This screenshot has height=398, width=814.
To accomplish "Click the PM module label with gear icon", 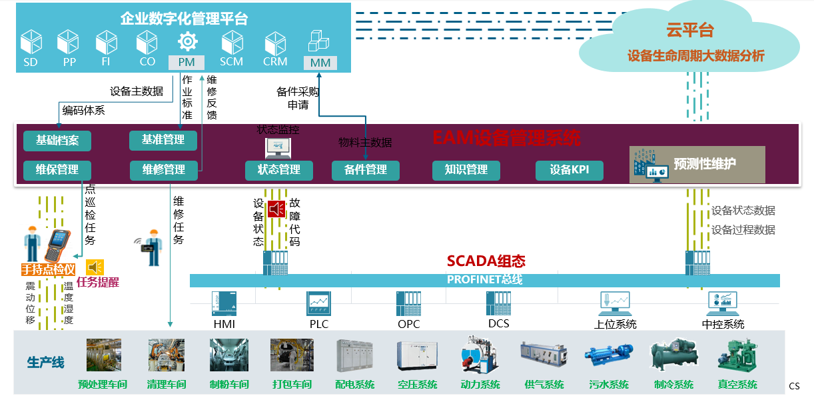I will point(187,62).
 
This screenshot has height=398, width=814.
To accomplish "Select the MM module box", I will point(320,63).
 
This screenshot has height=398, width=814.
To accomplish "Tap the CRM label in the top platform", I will point(275,61).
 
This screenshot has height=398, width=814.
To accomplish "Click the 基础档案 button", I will point(57,141).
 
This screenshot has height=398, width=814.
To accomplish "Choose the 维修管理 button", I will point(163,170).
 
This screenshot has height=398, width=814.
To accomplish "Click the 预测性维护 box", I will point(697,164).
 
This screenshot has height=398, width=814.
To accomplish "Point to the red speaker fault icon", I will point(276,209).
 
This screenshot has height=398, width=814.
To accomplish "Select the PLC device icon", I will point(318,304).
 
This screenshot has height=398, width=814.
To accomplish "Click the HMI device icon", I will point(224,304).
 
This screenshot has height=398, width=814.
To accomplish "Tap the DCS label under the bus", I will point(498,323).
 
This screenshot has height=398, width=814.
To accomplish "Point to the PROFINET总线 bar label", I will point(484,280).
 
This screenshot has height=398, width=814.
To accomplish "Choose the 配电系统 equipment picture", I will point(354,355).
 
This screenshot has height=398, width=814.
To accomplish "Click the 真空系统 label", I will point(737,385).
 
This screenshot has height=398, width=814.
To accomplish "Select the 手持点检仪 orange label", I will point(47,269).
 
